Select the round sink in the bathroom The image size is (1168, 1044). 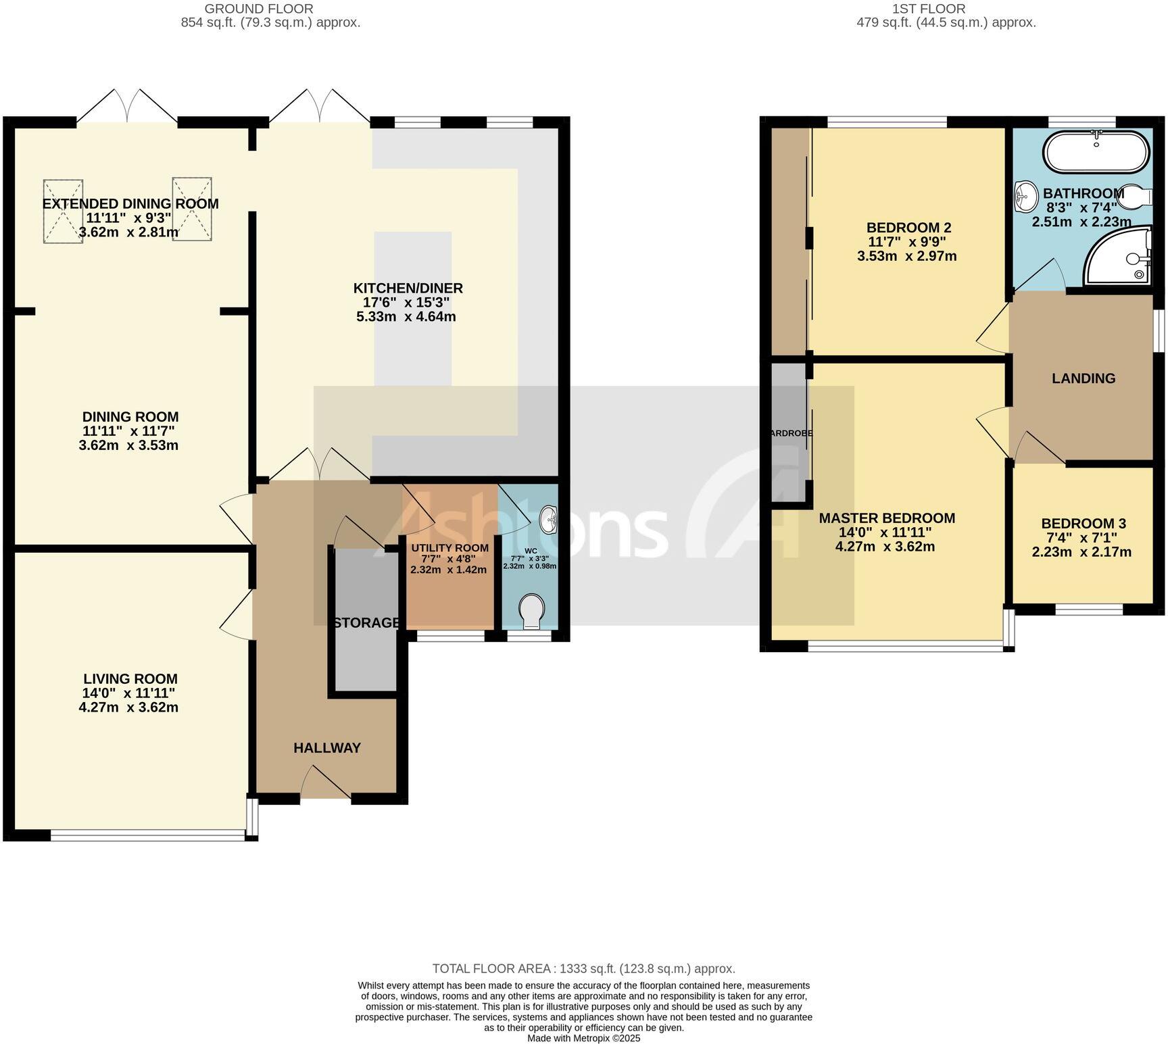click(1025, 196)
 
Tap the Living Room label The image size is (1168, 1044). click(130, 678)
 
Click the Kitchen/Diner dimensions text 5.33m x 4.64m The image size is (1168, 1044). click(406, 316)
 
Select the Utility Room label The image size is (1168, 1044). click(449, 548)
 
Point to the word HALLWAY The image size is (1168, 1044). click(327, 747)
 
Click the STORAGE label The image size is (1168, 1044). click(366, 622)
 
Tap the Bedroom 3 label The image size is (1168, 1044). click(1083, 523)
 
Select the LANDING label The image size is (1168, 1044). click(1083, 378)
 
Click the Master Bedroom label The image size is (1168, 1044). click(887, 518)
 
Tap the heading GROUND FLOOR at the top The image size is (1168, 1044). click(259, 9)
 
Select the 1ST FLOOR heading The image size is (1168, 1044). click(929, 9)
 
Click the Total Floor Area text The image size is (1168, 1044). click(583, 968)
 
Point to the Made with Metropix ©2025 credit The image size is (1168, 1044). click(583, 1038)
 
